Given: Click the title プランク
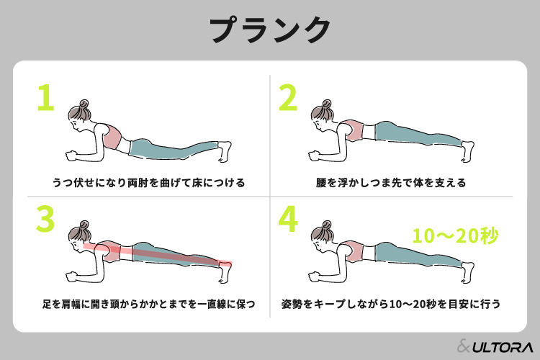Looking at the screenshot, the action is pyautogui.click(x=270, y=30).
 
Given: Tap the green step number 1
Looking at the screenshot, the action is pyautogui.click(x=47, y=97).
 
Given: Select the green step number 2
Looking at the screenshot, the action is pyautogui.click(x=288, y=97).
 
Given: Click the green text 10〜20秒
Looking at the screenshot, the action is pyautogui.click(x=455, y=236).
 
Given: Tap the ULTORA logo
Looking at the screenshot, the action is pyautogui.click(x=495, y=346).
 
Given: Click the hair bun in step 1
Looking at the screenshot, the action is pyautogui.click(x=84, y=104).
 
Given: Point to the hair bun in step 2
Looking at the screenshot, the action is pyautogui.click(x=326, y=104).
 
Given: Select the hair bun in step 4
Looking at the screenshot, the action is pyautogui.click(x=326, y=225).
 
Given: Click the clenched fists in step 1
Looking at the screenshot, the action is pyautogui.click(x=71, y=156).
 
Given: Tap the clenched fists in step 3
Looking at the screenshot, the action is pyautogui.click(x=71, y=277).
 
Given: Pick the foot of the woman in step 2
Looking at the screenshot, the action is pyautogui.click(x=468, y=151).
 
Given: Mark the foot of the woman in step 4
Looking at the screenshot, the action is pyautogui.click(x=468, y=272).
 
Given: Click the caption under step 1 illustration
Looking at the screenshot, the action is pyautogui.click(x=148, y=183).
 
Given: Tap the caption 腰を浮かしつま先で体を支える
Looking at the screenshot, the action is pyautogui.click(x=391, y=183).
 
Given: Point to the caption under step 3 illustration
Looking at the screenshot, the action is pyautogui.click(x=148, y=304).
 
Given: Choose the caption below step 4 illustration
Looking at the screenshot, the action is pyautogui.click(x=391, y=304).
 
